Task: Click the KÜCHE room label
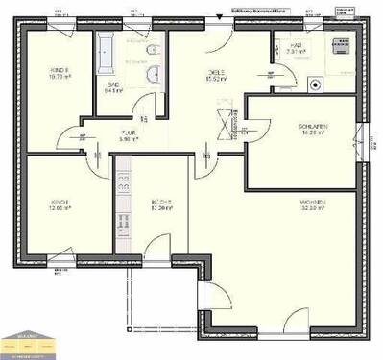coord(160,203)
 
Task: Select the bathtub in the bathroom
coord(105,52)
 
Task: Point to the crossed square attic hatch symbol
coord(227,123)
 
